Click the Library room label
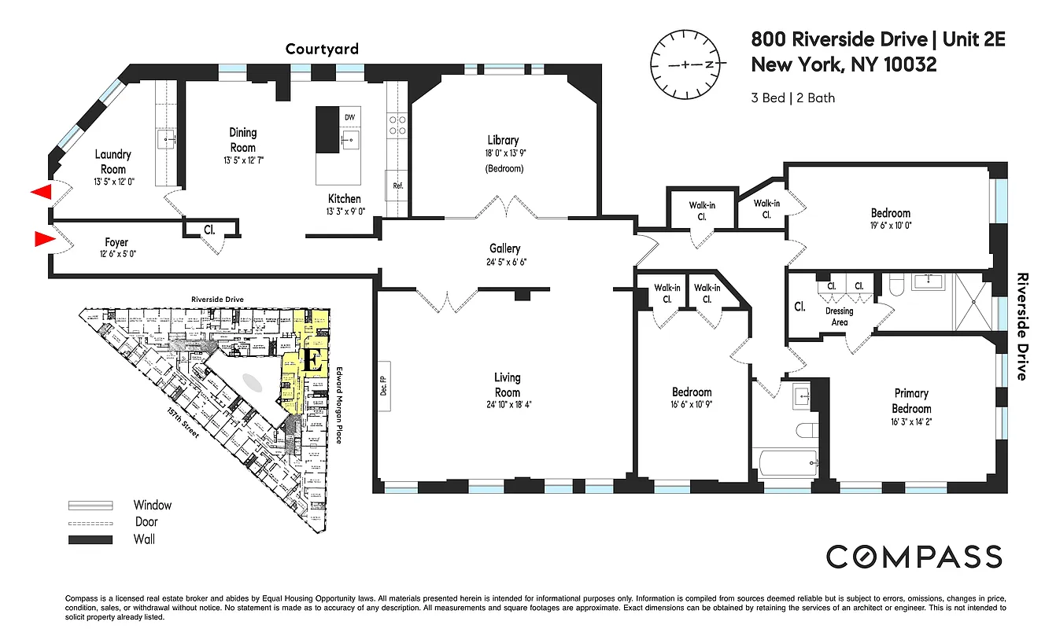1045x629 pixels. pos(502,140)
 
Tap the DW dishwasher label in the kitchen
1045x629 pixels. pos(350,116)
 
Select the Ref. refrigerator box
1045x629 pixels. pos(397,186)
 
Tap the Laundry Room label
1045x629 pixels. pos(113,162)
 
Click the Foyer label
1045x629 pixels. pos(116,243)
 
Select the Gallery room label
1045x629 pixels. pos(504,248)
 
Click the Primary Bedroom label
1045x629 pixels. pos(911,400)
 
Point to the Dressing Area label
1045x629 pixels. pos(839,316)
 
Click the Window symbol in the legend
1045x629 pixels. pos(90,506)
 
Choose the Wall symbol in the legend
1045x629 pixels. pos(90,539)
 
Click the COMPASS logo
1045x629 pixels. pos(914,557)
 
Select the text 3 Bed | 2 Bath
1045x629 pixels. pos(793,98)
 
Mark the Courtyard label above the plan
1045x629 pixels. pos(322,50)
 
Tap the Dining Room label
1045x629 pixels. pos(242,140)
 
